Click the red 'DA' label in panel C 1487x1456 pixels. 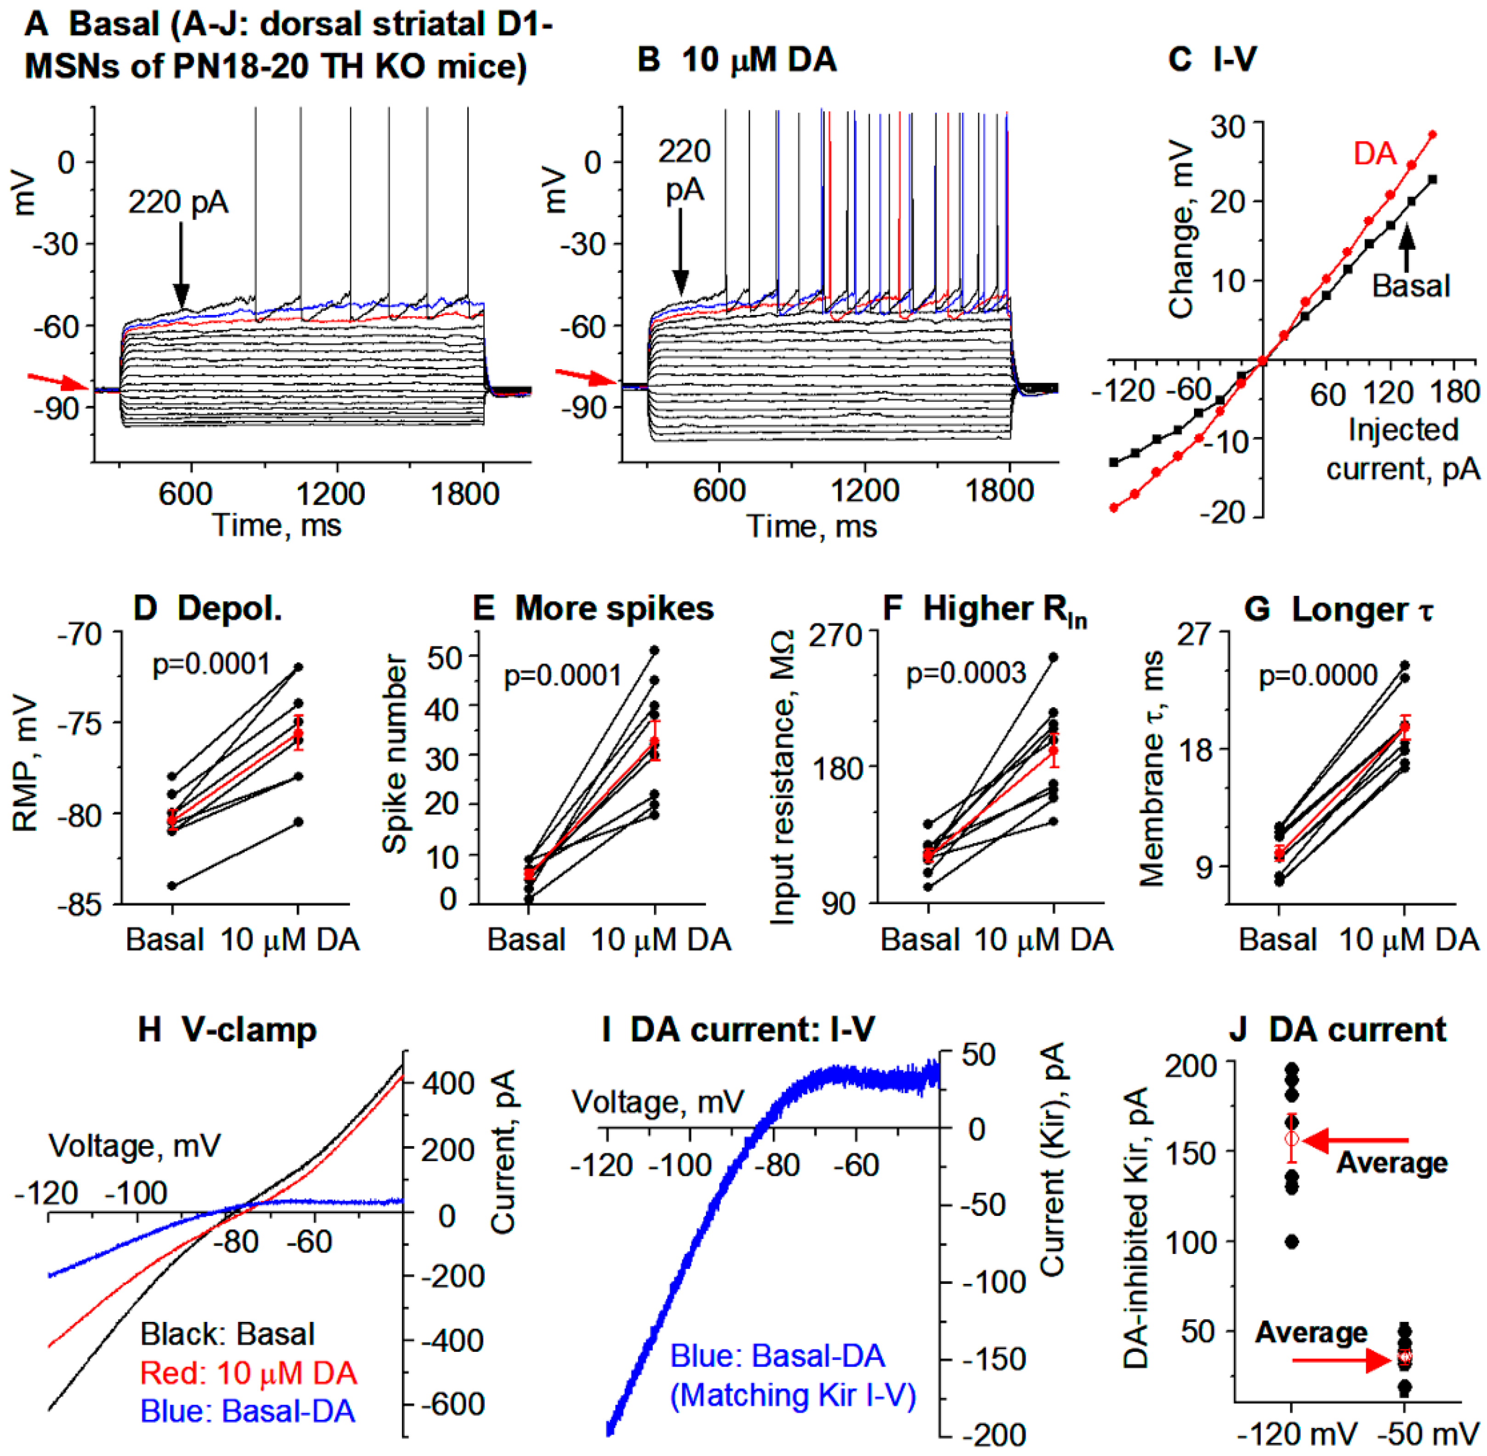1374,154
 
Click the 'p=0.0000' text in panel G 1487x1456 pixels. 1318,675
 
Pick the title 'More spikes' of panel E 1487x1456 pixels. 614,609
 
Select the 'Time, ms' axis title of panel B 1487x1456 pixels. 812,526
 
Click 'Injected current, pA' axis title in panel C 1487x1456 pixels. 1403,449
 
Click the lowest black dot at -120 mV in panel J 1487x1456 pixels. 1292,1242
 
